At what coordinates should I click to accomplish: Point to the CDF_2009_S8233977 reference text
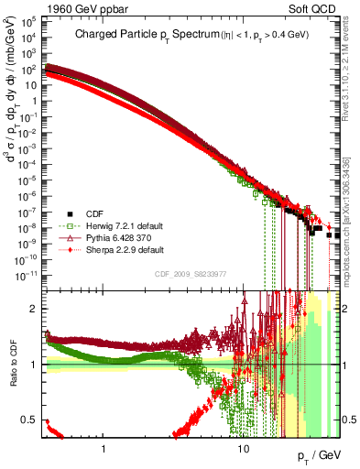190,273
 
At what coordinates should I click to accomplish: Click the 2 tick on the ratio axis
36,308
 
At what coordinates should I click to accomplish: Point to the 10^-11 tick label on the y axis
27,273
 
